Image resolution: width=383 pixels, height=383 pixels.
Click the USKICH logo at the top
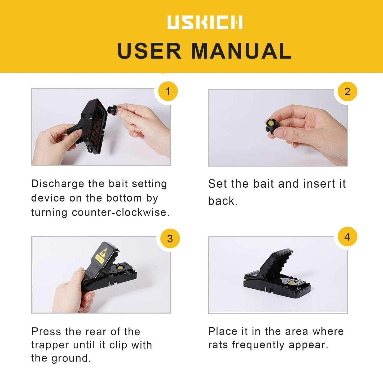coord(205,22)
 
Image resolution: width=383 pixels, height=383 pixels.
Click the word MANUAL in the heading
coord(241,51)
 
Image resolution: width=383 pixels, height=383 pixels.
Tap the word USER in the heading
coord(149,51)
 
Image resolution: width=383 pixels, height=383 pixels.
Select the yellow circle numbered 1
coord(168,91)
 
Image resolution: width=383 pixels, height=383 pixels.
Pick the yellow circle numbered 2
coord(347,92)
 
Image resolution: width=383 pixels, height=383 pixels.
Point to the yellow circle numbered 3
coord(170,239)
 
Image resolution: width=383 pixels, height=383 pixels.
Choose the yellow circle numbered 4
coord(347,237)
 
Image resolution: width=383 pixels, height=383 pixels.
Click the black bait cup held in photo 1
coord(112,109)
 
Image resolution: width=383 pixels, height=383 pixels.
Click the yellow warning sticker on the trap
coord(101,256)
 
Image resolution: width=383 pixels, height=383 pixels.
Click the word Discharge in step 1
coord(58,184)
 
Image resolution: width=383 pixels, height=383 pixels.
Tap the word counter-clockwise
coord(121,212)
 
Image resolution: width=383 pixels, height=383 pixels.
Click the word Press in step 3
coord(46,332)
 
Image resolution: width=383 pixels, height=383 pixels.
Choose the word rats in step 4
coord(218,345)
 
